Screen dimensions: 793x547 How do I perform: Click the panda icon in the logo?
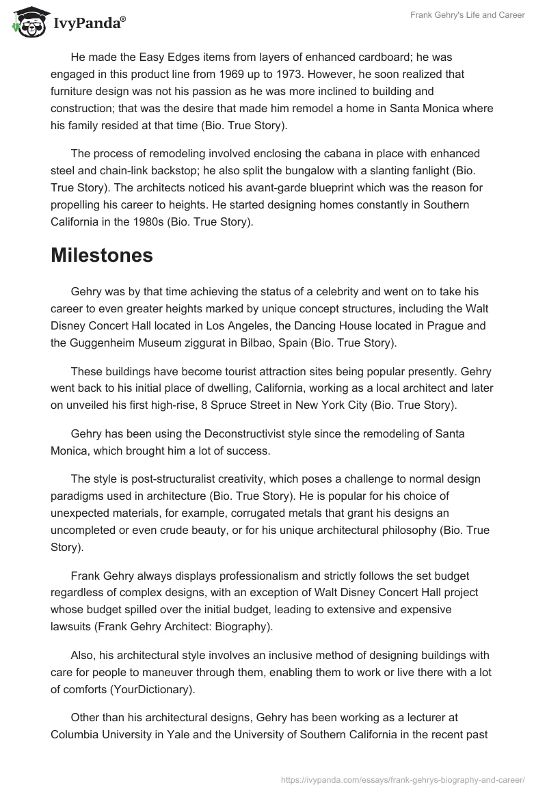(27, 23)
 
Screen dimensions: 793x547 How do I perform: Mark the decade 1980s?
(168, 221)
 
